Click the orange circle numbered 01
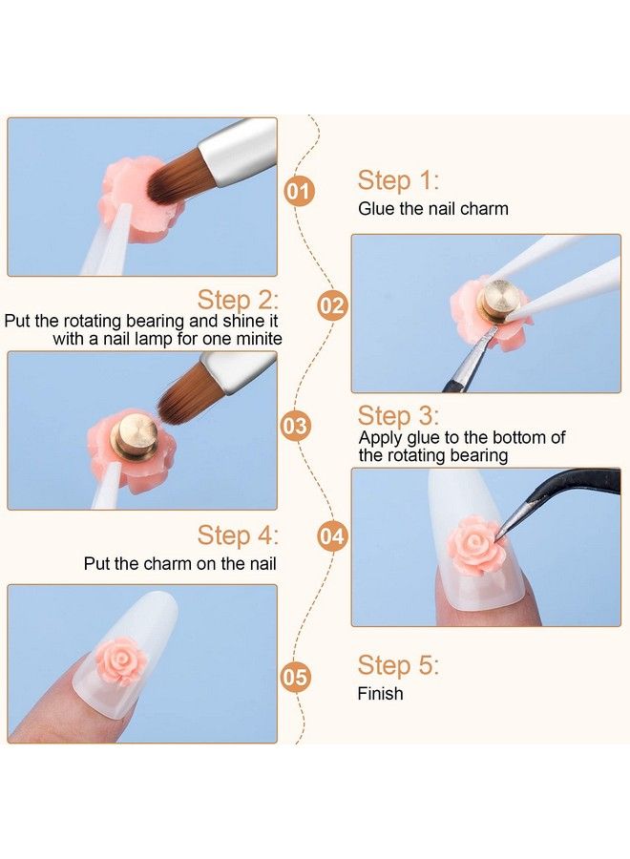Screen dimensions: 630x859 [x=299, y=192]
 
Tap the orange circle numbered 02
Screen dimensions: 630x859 [x=331, y=305]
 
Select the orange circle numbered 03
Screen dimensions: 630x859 [x=295, y=426]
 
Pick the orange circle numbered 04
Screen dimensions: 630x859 [x=332, y=536]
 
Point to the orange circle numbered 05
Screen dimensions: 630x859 [x=295, y=677]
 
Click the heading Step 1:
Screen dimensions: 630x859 [x=398, y=180]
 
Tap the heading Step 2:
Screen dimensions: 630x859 [x=238, y=300]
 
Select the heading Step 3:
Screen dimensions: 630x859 [x=398, y=416]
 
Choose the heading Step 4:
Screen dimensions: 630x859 [x=238, y=535]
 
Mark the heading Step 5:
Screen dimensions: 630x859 [x=398, y=665]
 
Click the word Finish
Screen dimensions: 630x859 [x=380, y=694]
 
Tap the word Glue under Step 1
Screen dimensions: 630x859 [x=373, y=209]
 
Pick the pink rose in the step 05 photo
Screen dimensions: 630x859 [x=121, y=660]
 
